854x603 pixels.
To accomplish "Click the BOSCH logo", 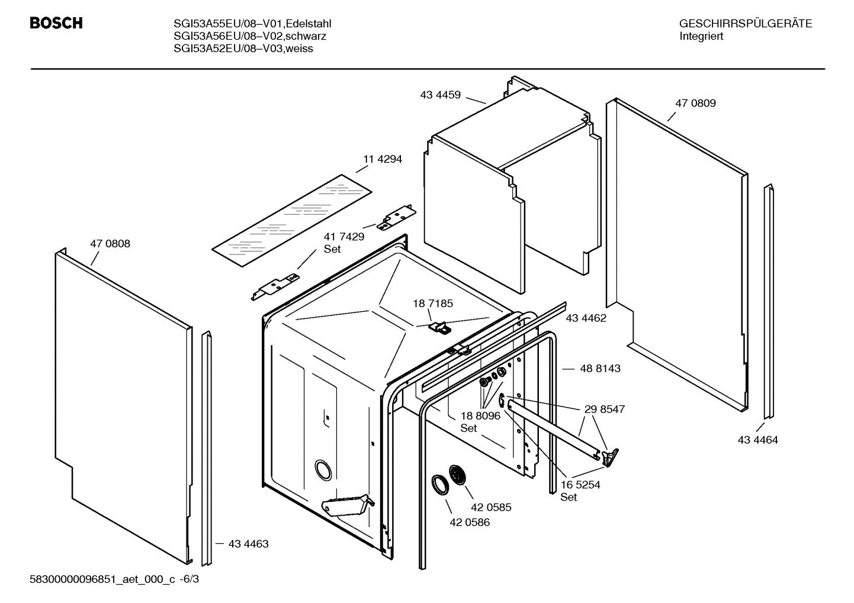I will click(56, 23).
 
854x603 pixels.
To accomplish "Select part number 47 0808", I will click(110, 243).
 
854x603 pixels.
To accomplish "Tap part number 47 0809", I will click(695, 103).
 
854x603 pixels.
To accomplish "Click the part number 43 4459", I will click(440, 94).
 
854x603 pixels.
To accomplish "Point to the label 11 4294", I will click(382, 159).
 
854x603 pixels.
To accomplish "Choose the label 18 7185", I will click(433, 304).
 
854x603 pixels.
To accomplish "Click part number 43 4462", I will click(586, 318).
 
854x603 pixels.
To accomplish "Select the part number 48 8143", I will click(600, 368).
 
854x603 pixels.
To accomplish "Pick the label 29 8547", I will click(604, 409).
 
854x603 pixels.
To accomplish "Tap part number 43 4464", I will click(757, 440).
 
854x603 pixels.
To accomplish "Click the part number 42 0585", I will click(491, 507).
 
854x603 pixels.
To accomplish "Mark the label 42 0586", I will click(470, 523).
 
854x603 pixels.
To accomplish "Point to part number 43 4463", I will click(248, 543).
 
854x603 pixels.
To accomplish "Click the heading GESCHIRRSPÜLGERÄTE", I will click(745, 24).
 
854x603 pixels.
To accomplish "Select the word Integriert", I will click(701, 36).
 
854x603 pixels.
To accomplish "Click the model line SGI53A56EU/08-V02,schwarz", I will click(250, 36).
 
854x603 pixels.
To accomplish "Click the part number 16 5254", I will click(580, 485).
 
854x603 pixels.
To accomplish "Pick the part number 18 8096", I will click(480, 415).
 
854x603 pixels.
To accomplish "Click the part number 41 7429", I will click(343, 236).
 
